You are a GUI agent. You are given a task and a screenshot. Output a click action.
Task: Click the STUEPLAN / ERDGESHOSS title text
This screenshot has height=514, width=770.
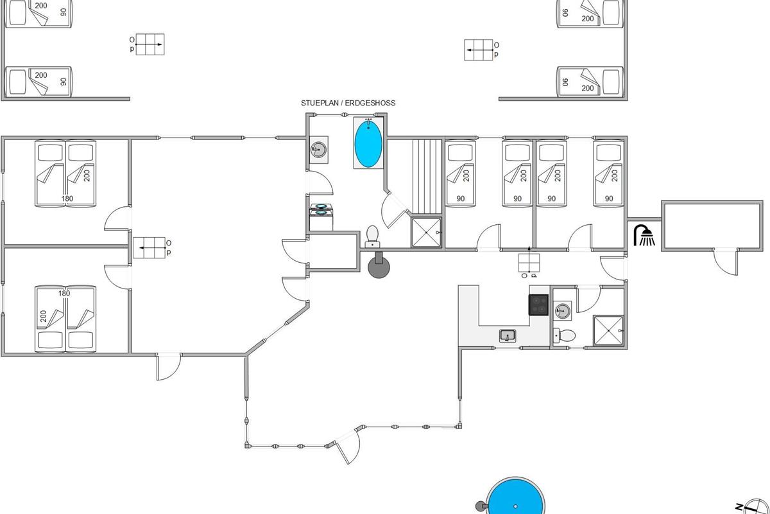348,103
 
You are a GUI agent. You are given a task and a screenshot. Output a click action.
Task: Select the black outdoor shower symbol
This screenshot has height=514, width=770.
644,236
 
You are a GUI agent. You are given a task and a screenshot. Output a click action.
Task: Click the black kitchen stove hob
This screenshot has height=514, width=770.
538,305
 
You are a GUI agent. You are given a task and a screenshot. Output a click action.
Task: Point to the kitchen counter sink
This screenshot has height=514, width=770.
508,335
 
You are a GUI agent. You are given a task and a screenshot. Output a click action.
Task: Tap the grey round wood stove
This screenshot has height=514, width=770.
379,266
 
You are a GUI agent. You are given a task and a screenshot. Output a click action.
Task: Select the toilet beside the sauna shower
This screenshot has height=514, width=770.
372,236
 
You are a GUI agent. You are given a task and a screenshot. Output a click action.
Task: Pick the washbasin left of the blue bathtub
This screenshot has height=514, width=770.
319,150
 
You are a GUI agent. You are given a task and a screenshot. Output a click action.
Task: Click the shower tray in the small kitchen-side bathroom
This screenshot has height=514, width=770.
608,330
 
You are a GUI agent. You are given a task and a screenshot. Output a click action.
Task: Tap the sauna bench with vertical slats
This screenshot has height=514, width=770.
427,177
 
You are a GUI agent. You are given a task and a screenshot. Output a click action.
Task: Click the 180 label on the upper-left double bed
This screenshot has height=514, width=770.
67,199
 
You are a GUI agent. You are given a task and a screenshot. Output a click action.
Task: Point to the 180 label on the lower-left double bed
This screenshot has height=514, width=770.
64,294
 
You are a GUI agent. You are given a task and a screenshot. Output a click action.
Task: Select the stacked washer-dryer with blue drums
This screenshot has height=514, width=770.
321,217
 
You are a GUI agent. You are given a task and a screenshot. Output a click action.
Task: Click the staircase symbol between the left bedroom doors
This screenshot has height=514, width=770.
149,247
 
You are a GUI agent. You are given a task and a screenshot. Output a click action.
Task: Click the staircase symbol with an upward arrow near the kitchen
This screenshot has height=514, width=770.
529,262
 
